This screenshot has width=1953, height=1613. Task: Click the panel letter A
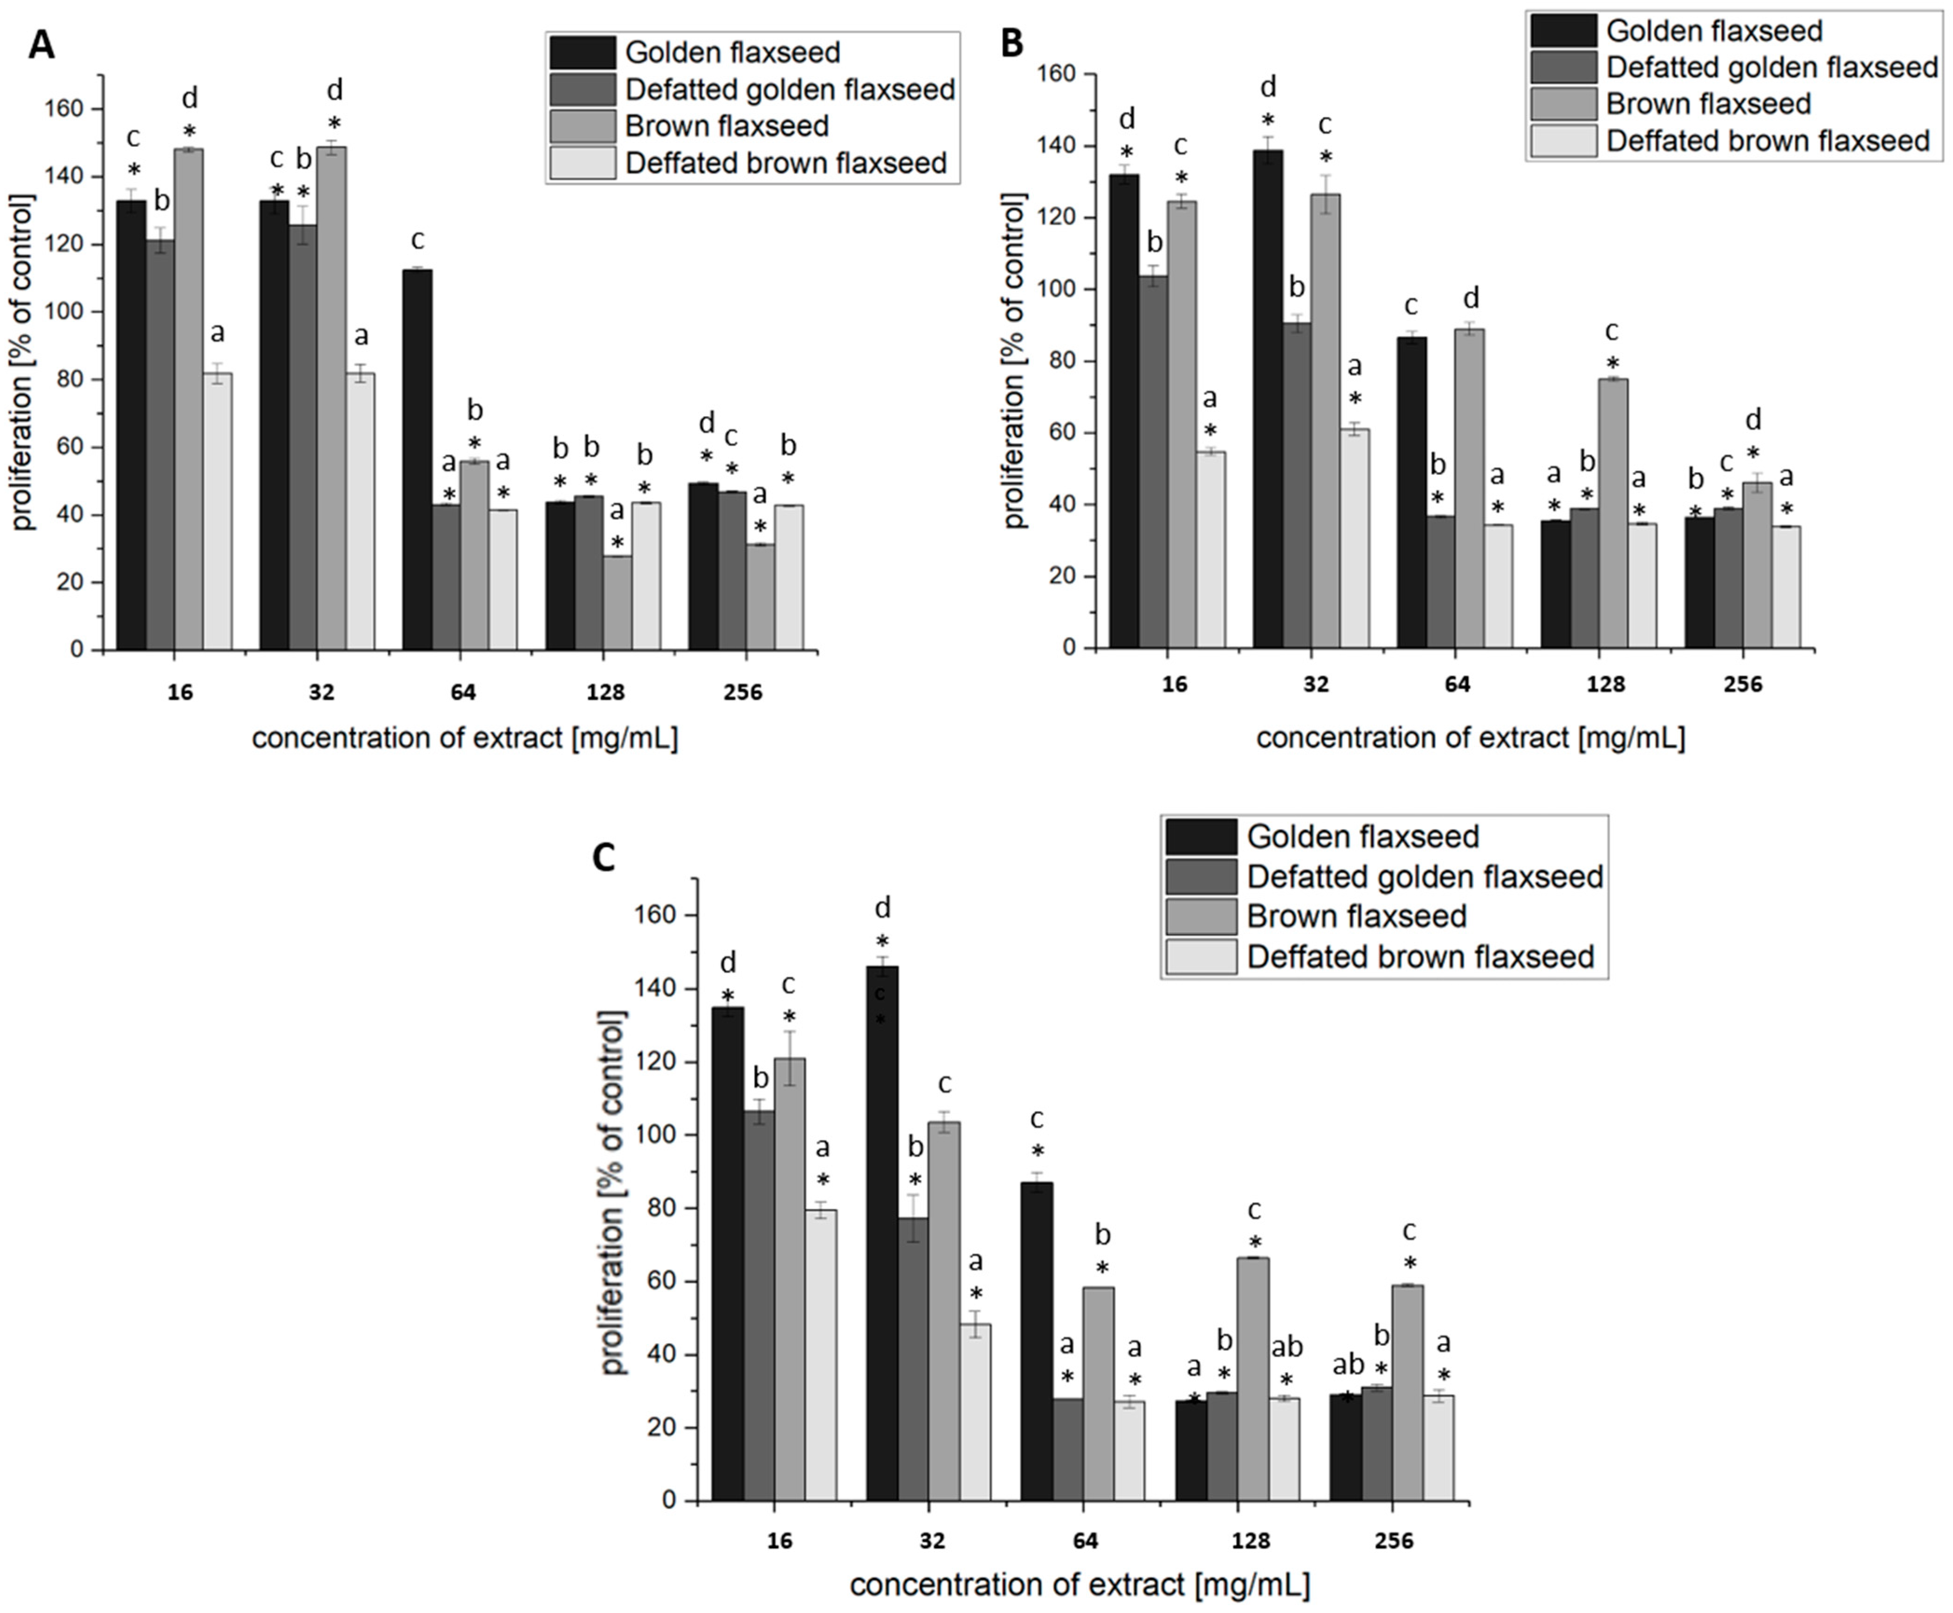point(42,44)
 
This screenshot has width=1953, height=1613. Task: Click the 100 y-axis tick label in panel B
point(1068,290)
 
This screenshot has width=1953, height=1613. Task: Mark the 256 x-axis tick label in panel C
point(1394,1541)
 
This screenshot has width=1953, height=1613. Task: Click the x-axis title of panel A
point(465,739)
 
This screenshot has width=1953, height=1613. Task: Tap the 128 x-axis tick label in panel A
point(606,692)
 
